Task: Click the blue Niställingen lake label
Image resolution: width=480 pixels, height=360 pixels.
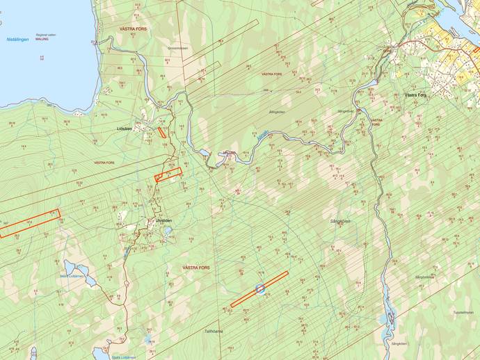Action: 17,40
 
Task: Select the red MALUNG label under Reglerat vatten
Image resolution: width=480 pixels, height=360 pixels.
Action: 42,40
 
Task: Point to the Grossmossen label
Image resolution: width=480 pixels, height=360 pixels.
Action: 178,48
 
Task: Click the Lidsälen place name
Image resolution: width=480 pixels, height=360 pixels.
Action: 125,129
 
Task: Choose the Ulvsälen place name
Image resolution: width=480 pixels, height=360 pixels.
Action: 164,220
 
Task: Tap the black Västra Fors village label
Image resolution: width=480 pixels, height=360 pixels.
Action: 415,95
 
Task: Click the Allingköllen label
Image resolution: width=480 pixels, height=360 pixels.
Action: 277,111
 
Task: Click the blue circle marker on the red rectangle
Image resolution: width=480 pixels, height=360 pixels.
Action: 261,288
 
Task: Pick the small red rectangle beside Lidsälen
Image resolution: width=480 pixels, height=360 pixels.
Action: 161,131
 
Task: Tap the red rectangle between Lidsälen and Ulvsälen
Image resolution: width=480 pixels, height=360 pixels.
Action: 168,174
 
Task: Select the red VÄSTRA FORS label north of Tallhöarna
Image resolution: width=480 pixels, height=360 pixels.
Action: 195,267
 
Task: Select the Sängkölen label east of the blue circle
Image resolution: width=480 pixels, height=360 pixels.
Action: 340,221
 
